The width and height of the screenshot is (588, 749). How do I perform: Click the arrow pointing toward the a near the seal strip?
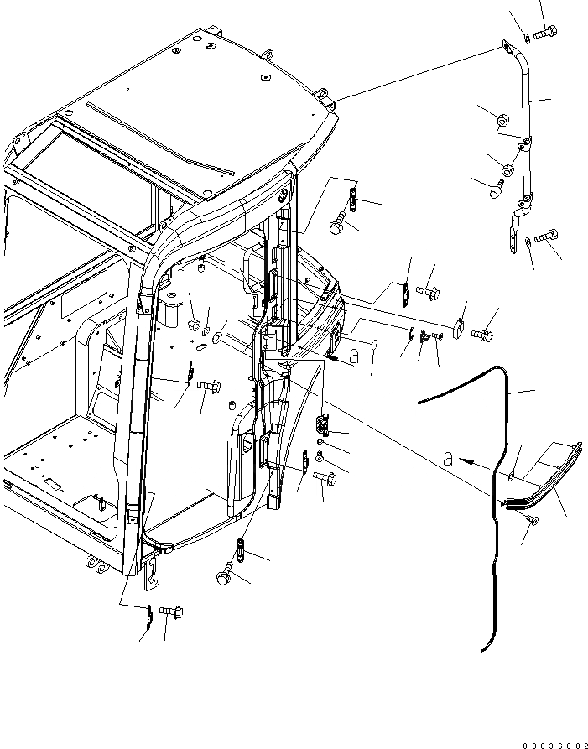pos(477,461)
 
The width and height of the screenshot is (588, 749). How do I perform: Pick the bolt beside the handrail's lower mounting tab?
pos(547,237)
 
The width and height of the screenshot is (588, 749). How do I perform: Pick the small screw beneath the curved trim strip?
pos(534,522)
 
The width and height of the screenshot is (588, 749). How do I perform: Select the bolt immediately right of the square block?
pos(482,333)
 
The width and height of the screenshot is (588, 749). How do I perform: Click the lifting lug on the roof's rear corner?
pos(328,106)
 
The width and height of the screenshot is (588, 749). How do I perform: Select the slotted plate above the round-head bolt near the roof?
pos(353,199)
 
